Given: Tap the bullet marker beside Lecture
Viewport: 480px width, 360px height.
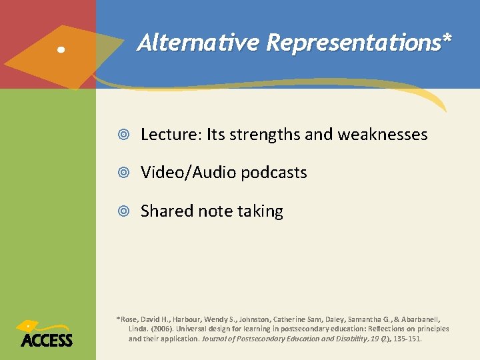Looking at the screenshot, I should (127, 135).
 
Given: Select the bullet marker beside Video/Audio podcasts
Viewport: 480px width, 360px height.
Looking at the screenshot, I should (127, 173).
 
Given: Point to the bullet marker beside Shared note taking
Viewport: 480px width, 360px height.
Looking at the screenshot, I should (127, 211).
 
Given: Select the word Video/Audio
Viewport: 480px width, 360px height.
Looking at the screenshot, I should (189, 173).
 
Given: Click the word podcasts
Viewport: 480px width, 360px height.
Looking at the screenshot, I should (274, 173).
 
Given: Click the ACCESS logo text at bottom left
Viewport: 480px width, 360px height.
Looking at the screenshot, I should (47, 340).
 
